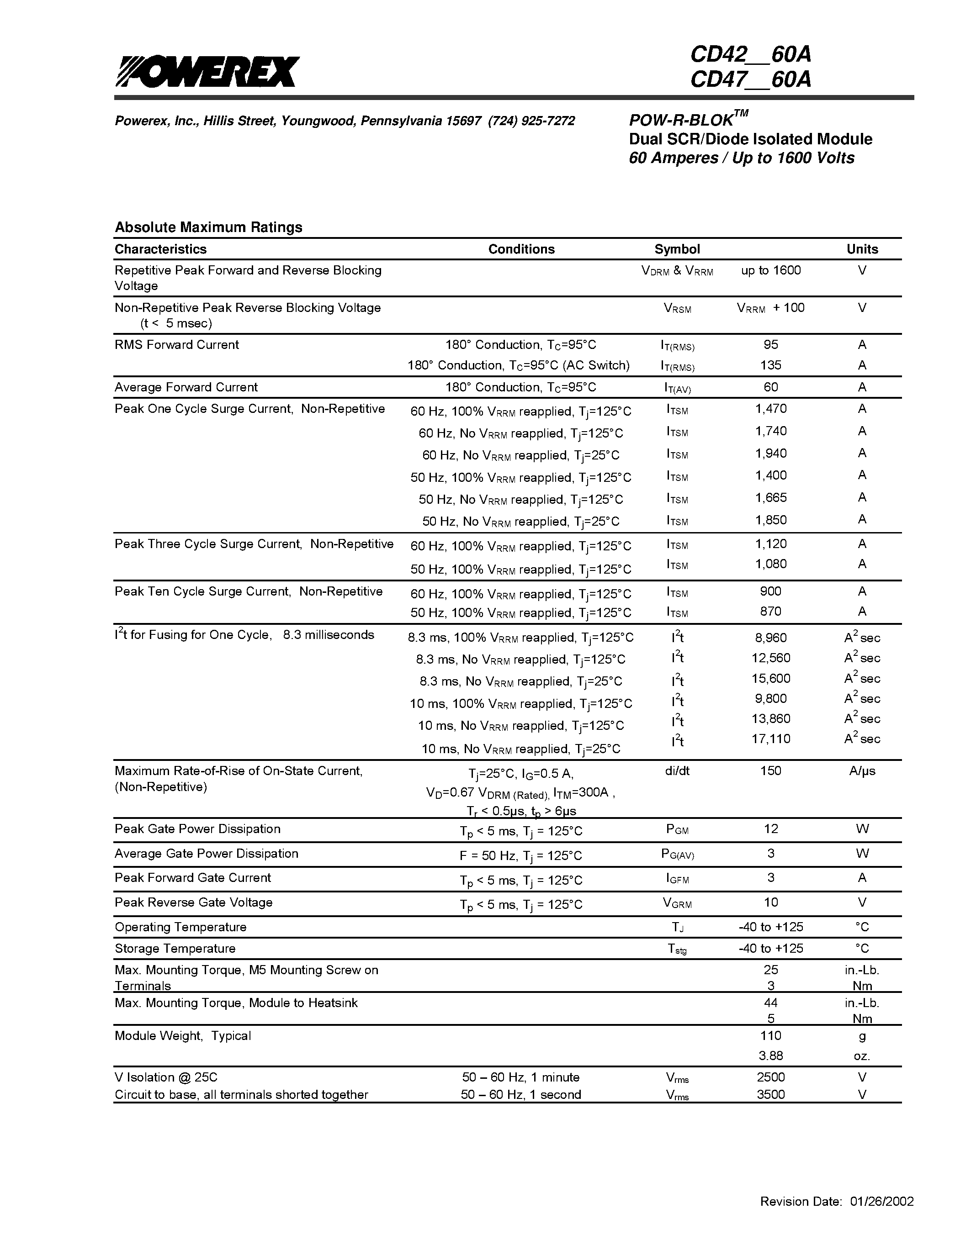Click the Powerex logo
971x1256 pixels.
point(207,71)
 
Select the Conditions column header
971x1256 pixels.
point(521,249)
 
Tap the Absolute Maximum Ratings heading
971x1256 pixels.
point(208,227)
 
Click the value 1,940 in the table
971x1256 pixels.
point(771,453)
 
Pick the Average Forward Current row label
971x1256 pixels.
point(186,387)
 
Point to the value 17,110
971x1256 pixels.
point(771,739)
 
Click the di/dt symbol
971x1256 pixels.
point(677,770)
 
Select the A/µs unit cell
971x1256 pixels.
point(862,770)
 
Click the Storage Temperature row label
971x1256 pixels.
point(175,948)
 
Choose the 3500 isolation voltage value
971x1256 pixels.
point(771,1094)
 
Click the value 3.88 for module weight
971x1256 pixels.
point(771,1056)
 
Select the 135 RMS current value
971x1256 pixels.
point(771,365)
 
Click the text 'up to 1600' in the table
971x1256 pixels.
point(771,270)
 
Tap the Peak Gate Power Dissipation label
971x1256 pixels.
point(197,829)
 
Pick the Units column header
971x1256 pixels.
point(862,249)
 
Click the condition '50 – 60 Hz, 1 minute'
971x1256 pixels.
point(520,1077)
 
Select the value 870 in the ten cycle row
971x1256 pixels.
point(771,611)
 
